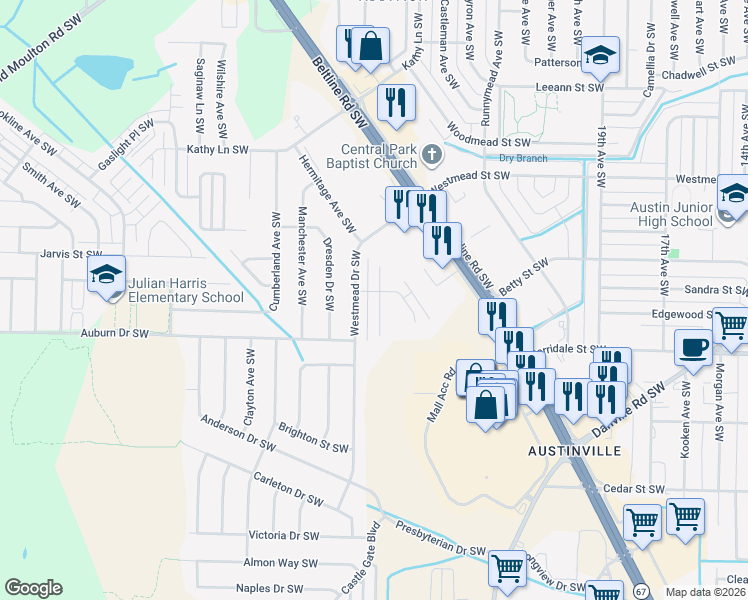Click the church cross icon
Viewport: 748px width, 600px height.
(x=432, y=154)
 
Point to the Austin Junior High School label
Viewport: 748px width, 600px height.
(x=671, y=214)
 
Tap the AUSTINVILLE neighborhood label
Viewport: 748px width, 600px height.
(x=567, y=451)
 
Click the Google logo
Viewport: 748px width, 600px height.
(x=33, y=587)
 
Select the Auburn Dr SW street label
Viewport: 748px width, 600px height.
(x=115, y=332)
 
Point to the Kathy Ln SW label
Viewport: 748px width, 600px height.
(x=217, y=149)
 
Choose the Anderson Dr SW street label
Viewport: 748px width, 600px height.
(x=236, y=429)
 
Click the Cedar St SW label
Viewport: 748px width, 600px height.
(x=634, y=489)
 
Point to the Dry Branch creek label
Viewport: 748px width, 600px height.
(x=519, y=158)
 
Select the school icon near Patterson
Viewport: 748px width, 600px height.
(x=601, y=56)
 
